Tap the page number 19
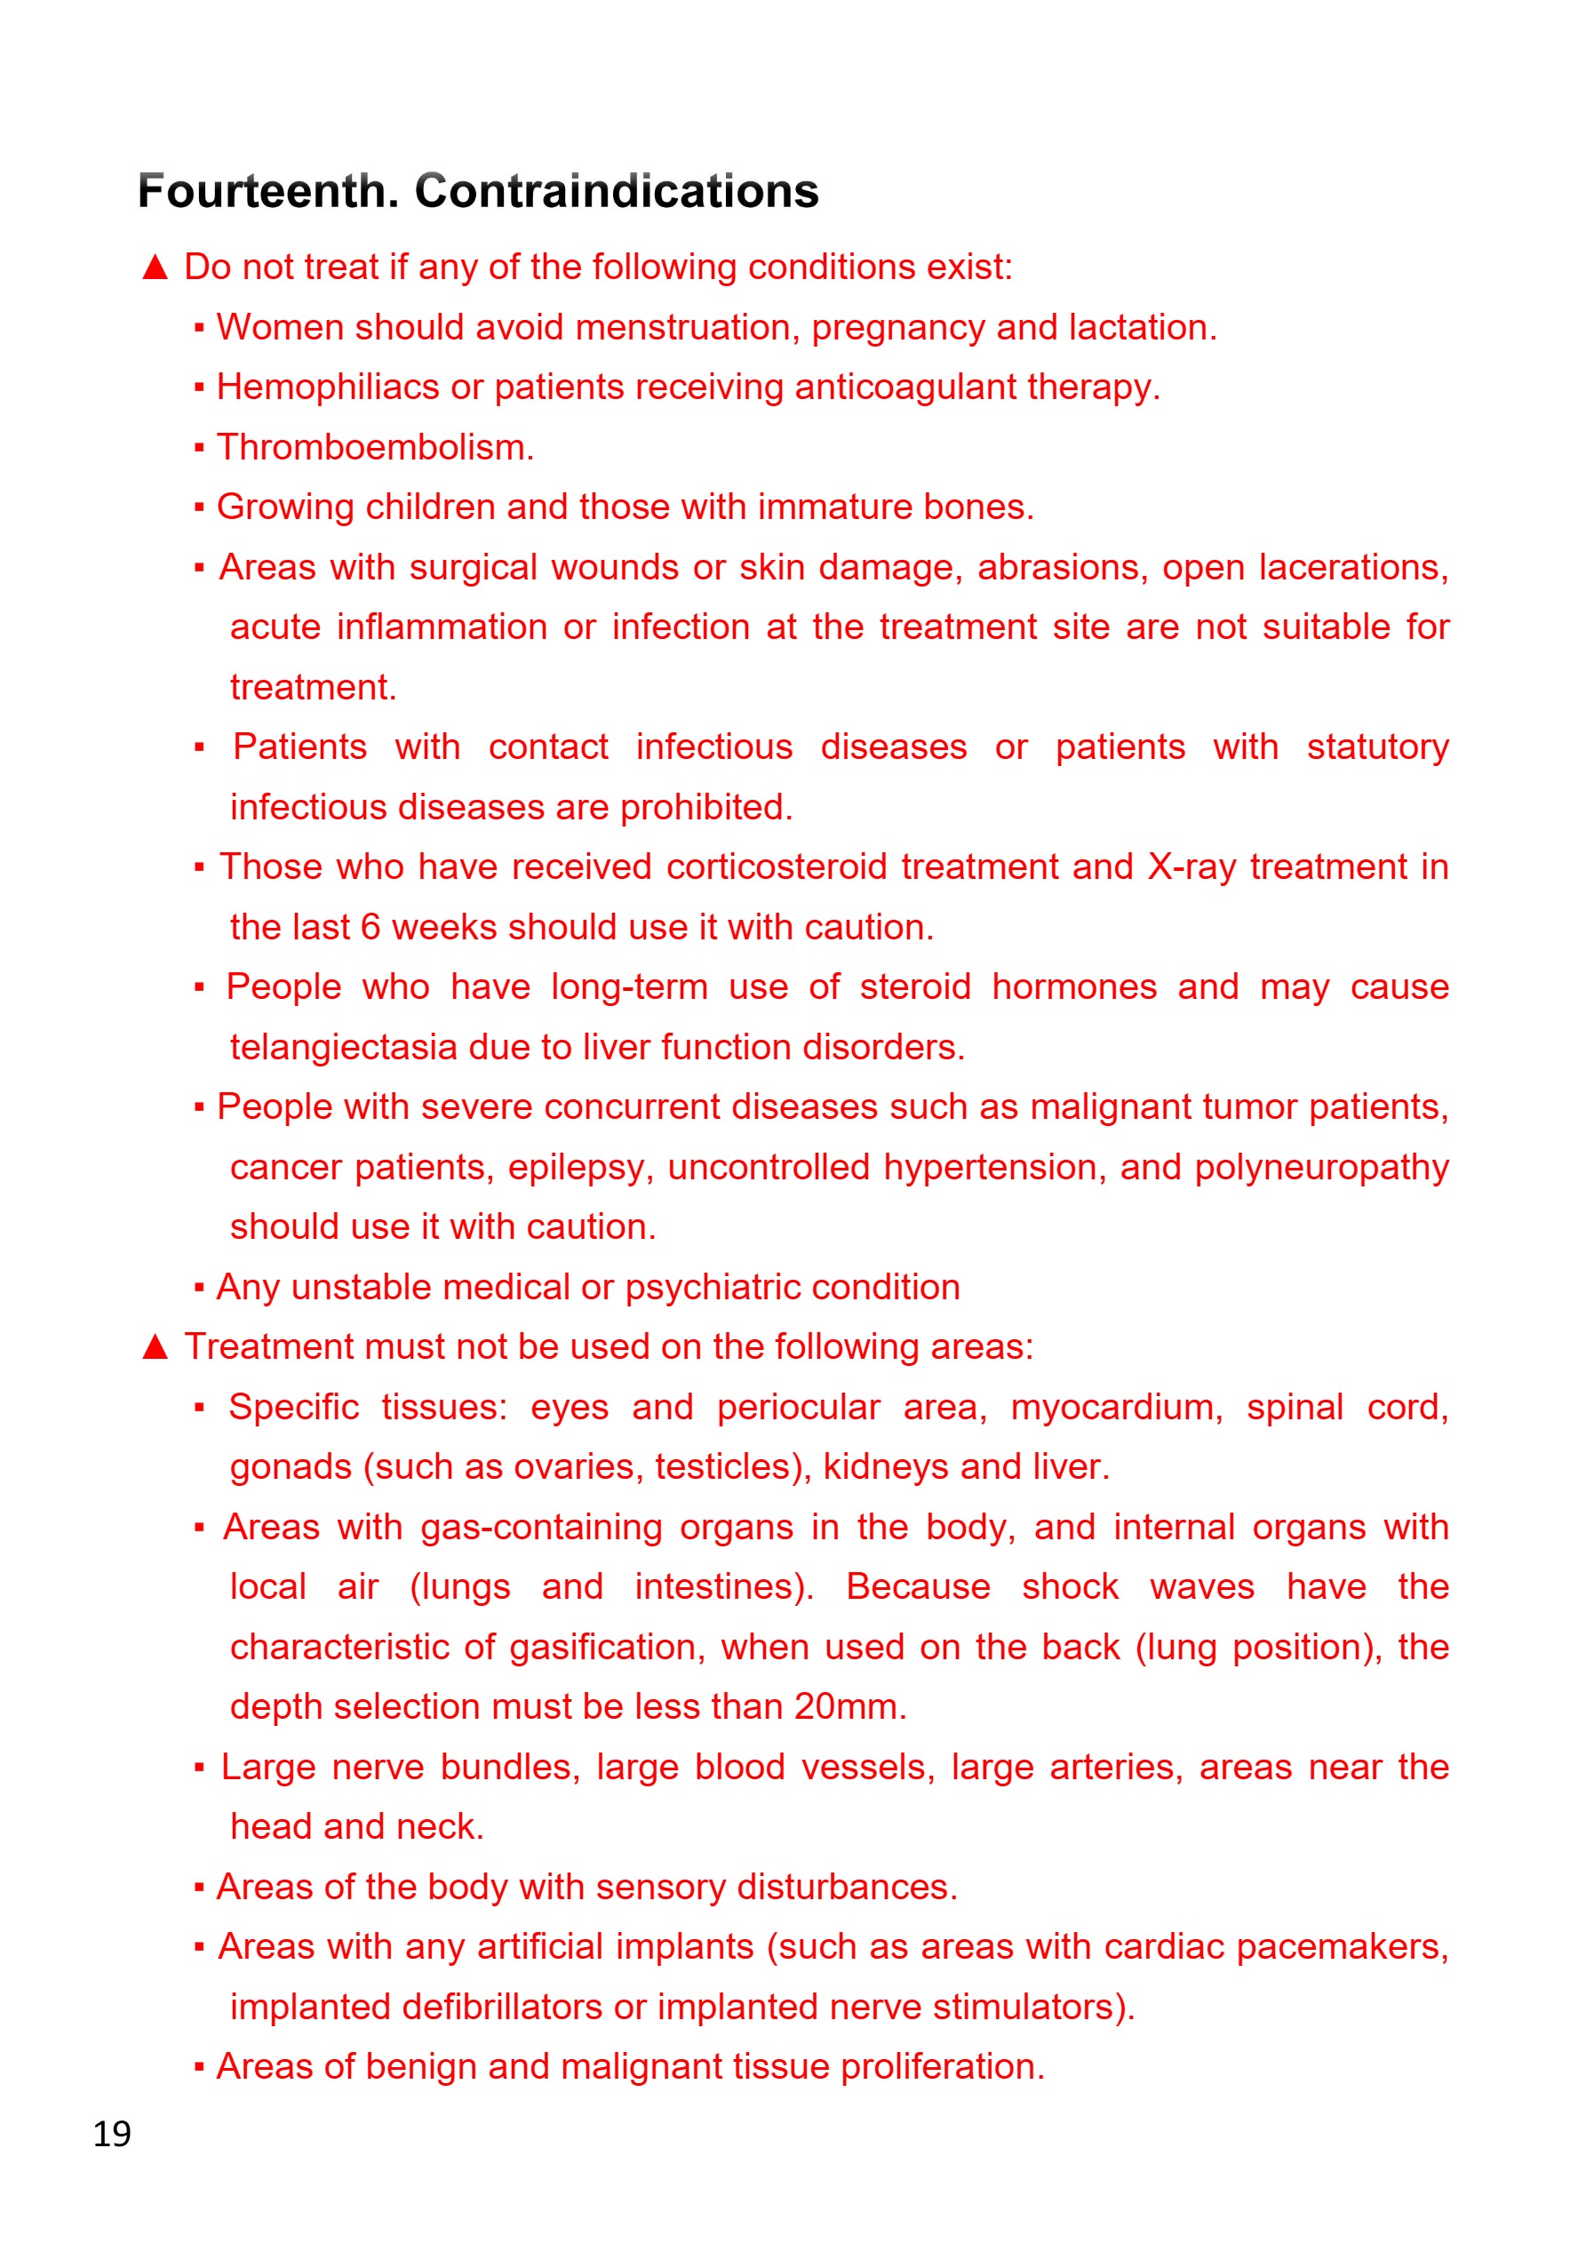click(x=112, y=2134)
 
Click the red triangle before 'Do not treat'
click(x=155, y=267)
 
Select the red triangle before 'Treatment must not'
click(x=155, y=1346)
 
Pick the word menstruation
click(x=683, y=327)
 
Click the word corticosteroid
click(x=776, y=866)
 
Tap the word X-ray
click(x=1191, y=866)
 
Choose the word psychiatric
click(x=713, y=1288)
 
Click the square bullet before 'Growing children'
click(x=199, y=507)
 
